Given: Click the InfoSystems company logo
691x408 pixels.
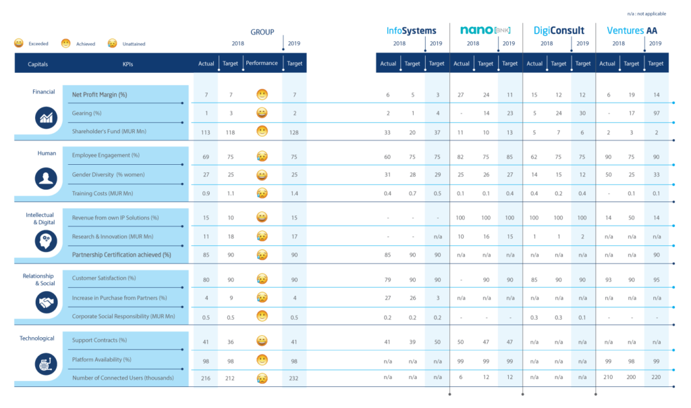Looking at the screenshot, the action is coord(411,30).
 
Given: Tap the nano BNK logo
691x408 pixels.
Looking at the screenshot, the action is coord(485,30).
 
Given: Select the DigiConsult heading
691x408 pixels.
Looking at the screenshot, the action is coord(559,30).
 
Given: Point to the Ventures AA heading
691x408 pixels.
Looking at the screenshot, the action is coord(632,30).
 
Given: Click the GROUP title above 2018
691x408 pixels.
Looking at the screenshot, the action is coord(262,32).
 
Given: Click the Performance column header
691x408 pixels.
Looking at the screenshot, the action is coord(262,63).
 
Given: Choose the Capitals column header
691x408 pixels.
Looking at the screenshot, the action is coord(38,64).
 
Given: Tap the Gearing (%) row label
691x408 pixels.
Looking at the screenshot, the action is coord(87,113).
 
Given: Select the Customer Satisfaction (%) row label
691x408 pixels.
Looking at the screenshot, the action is coord(104,278).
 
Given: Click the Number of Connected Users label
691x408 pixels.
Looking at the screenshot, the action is coord(123,378).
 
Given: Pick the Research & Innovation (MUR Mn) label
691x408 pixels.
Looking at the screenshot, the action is coord(113,237).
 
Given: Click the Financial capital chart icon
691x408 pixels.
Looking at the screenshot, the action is coord(47,118).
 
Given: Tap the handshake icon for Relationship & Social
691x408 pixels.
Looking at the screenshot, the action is coord(47,302).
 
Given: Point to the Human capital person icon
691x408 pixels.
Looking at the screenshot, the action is coord(47,178).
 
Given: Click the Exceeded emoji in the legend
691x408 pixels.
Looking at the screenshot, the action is coord(18,43).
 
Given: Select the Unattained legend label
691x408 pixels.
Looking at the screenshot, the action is coord(134,44).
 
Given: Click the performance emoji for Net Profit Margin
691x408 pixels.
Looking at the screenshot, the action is coord(262,95).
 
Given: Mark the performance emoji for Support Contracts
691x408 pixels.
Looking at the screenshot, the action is coord(262,341).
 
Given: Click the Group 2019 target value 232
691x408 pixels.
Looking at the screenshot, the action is coord(294,378).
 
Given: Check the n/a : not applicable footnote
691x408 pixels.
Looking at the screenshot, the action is coord(646,14).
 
